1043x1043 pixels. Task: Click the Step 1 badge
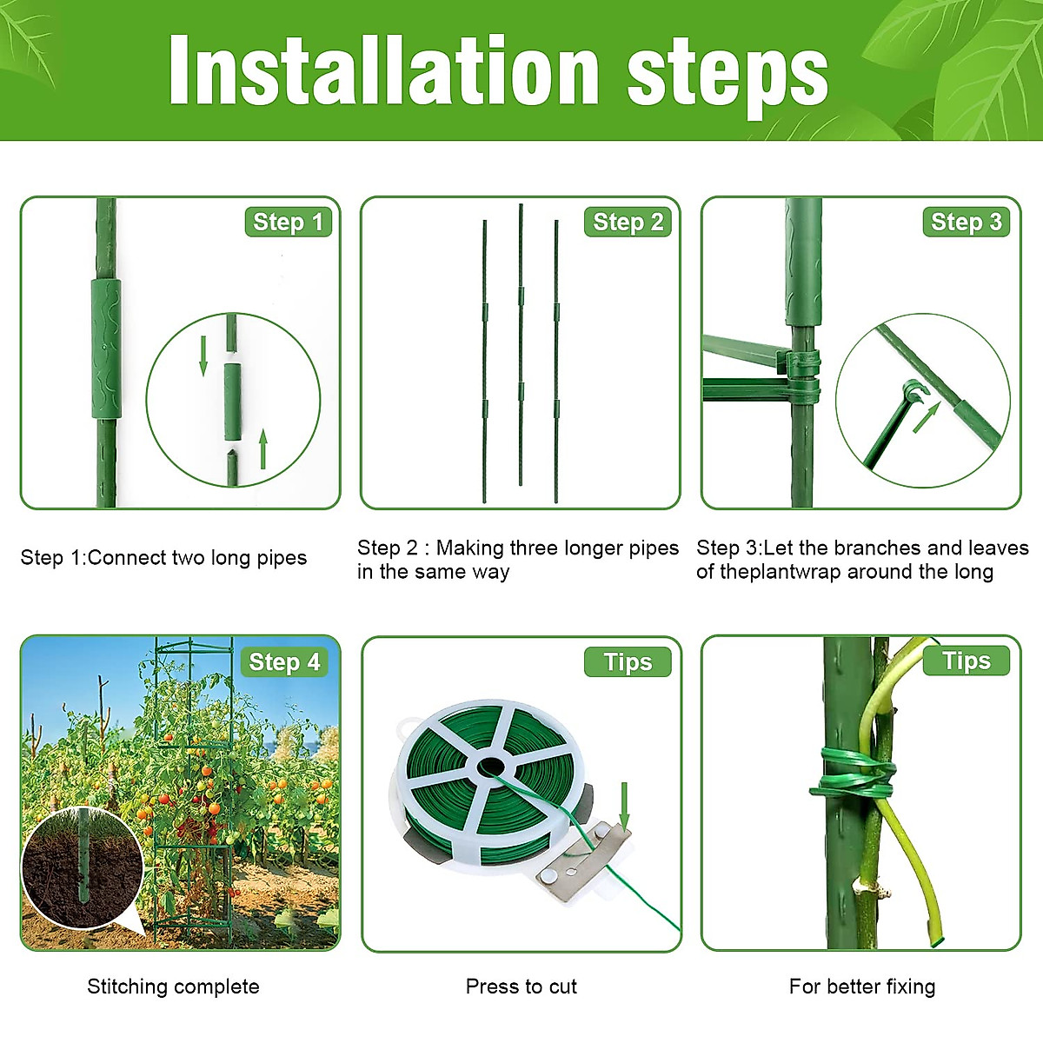[288, 223]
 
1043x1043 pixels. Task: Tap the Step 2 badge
[628, 223]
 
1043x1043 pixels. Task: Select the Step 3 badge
[966, 223]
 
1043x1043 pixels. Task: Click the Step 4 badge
[284, 662]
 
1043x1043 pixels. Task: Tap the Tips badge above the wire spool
[628, 662]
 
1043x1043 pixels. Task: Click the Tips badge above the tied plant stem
[966, 661]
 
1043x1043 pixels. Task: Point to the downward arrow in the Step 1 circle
[203, 355]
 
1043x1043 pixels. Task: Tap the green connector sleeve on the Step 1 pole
[106, 348]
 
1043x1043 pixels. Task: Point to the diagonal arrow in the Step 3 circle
[926, 418]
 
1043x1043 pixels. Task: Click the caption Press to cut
[521, 987]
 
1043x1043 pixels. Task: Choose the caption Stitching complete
[173, 987]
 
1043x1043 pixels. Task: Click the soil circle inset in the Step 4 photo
[82, 869]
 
